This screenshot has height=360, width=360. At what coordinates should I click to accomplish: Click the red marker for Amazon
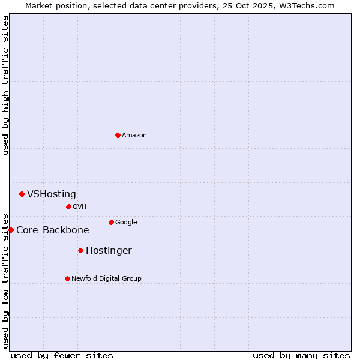click(x=118, y=135)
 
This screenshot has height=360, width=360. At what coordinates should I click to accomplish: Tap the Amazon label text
click(x=134, y=135)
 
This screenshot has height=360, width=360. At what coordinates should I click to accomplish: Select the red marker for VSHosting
click(x=22, y=194)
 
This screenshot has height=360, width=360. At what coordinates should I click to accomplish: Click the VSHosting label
click(x=52, y=194)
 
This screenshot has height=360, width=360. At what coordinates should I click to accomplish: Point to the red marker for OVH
click(x=68, y=206)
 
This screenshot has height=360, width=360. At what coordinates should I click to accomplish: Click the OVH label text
click(x=80, y=206)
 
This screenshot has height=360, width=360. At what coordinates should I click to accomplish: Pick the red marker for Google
click(x=111, y=222)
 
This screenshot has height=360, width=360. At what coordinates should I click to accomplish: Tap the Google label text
click(x=126, y=222)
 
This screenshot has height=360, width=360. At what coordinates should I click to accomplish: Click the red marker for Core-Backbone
click(x=11, y=230)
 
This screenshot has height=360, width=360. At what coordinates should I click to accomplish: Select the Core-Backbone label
click(x=53, y=230)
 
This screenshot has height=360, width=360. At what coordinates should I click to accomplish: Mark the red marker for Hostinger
click(x=80, y=250)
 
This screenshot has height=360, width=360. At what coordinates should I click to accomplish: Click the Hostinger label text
click(x=109, y=250)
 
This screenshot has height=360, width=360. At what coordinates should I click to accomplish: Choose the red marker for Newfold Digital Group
click(x=67, y=278)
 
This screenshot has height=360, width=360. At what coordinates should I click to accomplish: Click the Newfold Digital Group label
click(x=106, y=278)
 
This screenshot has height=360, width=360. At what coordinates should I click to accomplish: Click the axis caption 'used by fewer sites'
click(x=62, y=355)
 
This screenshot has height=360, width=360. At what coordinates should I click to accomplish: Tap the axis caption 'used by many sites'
click(x=301, y=355)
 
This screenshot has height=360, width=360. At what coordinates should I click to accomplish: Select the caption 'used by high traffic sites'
click(x=5, y=85)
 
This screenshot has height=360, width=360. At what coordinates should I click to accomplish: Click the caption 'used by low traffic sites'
click(x=5, y=280)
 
